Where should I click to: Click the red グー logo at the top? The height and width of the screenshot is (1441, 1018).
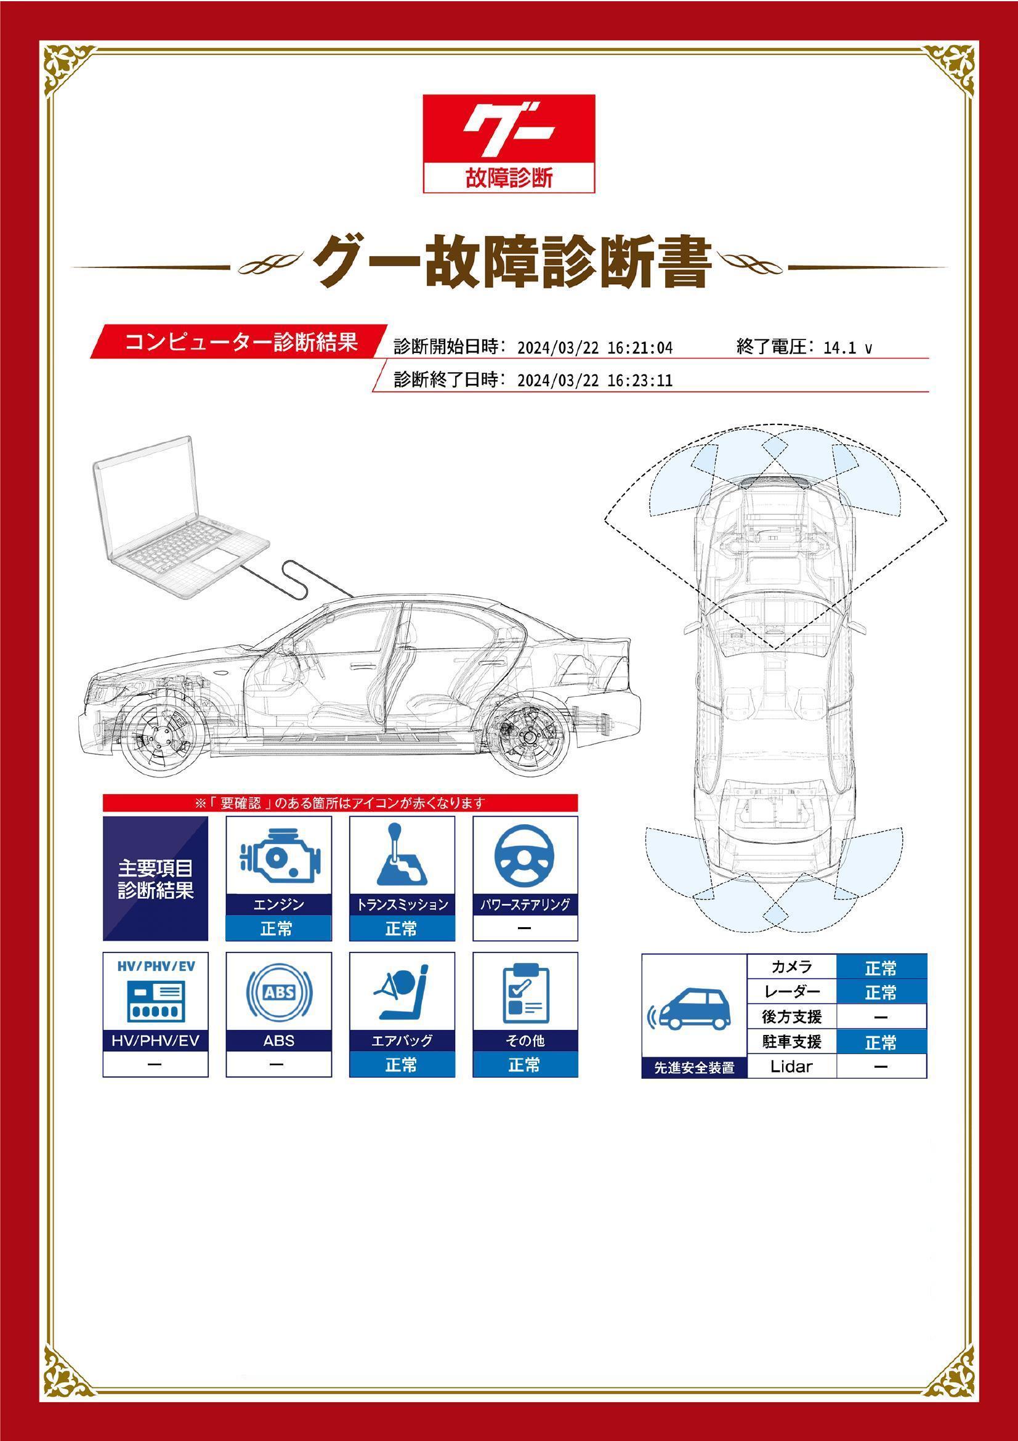click(x=509, y=143)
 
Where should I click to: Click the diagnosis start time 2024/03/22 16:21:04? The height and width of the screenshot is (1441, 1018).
click(x=595, y=347)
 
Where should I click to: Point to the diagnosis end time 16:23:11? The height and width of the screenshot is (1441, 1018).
click(x=640, y=380)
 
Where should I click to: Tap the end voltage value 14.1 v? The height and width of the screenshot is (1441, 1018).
click(x=847, y=347)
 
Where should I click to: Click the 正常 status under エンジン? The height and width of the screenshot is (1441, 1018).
click(x=278, y=929)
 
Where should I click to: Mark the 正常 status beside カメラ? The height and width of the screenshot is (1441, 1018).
click(x=881, y=968)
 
